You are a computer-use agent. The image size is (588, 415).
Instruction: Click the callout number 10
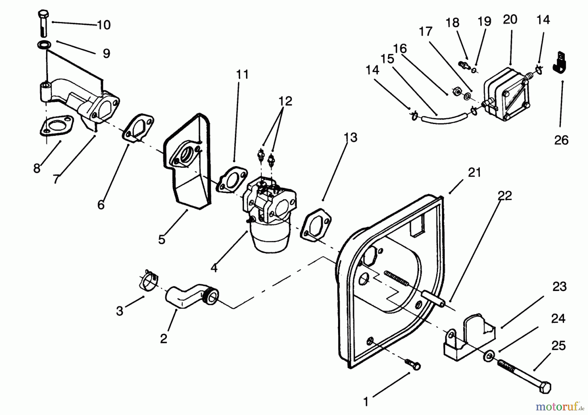(104, 25)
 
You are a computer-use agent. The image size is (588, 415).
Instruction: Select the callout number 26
(561, 140)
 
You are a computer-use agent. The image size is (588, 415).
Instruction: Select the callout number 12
(285, 101)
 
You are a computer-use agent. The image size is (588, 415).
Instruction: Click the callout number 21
(474, 172)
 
